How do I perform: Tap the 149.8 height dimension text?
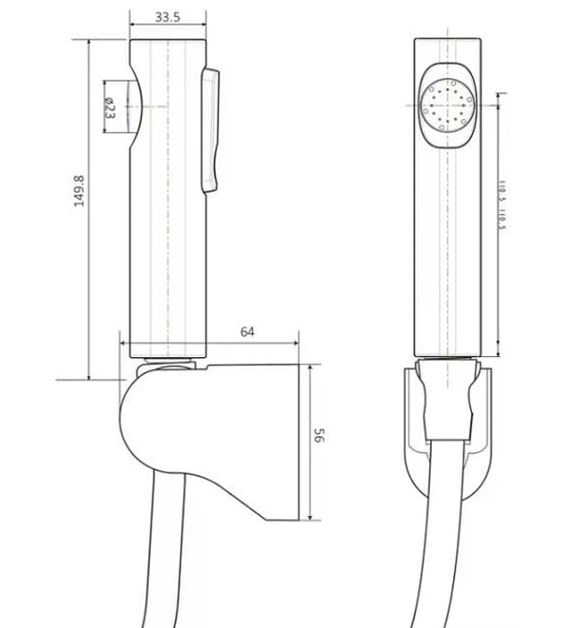[x=79, y=190]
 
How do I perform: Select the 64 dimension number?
[x=248, y=331]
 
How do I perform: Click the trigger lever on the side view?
[x=213, y=129]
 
